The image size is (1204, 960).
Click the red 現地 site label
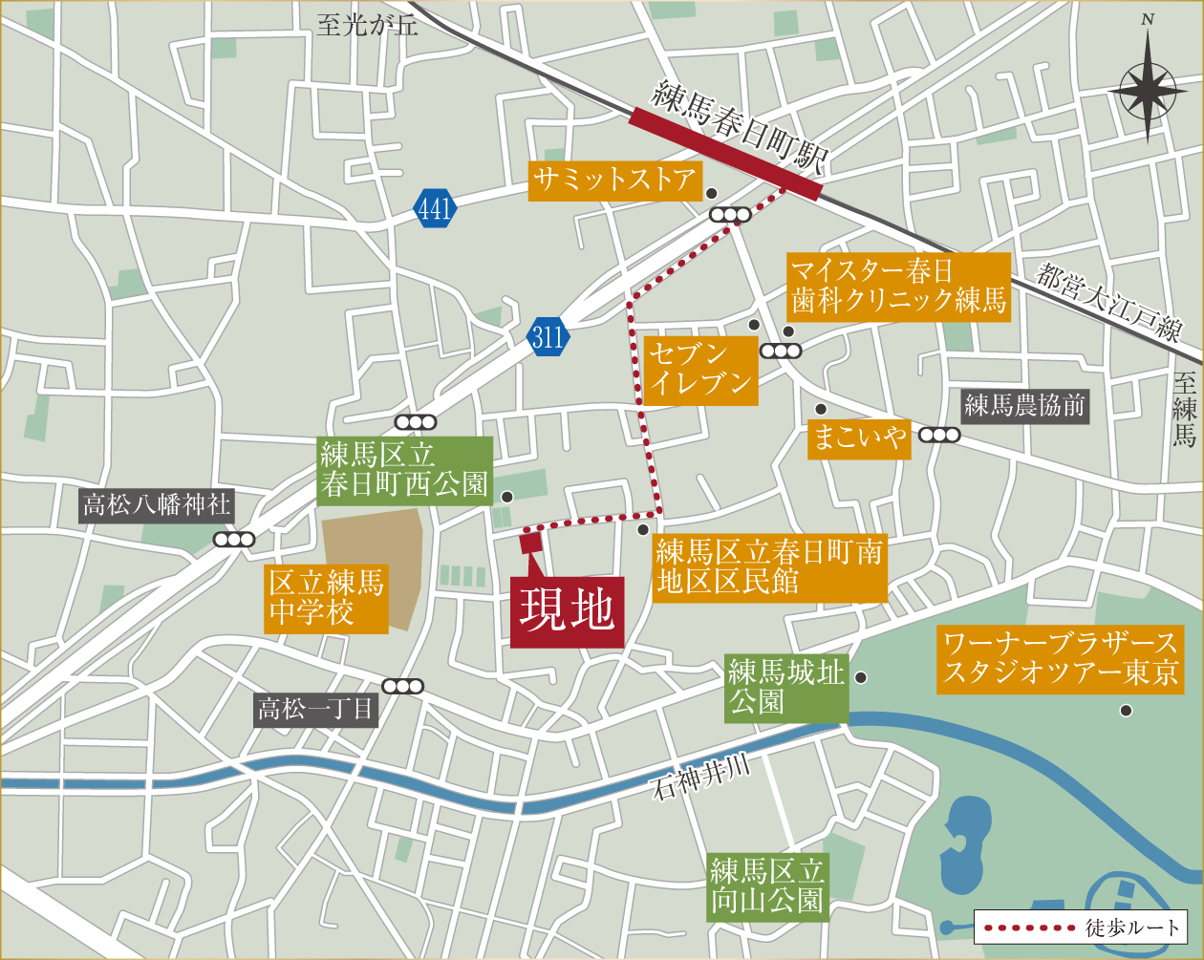[x=567, y=612]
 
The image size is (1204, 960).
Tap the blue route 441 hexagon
[x=435, y=208]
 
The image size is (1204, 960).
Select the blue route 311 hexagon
[x=548, y=337]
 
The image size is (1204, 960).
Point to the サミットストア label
[x=614, y=180]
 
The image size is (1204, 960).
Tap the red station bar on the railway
[x=725, y=154]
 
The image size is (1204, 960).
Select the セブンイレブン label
[x=699, y=370]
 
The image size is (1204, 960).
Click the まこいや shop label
[x=858, y=437]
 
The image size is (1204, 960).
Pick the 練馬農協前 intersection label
[x=1024, y=406]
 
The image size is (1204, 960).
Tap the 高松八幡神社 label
[x=156, y=504]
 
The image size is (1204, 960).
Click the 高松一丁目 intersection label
[x=316, y=709]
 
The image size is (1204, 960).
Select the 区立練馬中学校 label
[x=326, y=597]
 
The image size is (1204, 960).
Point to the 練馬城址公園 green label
[x=785, y=688]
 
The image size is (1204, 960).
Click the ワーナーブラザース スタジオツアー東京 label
[x=1060, y=658]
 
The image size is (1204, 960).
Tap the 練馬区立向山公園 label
[x=766, y=886]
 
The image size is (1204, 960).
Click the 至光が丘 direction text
[x=367, y=25]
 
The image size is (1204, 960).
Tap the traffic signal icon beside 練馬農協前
[x=939, y=436]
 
